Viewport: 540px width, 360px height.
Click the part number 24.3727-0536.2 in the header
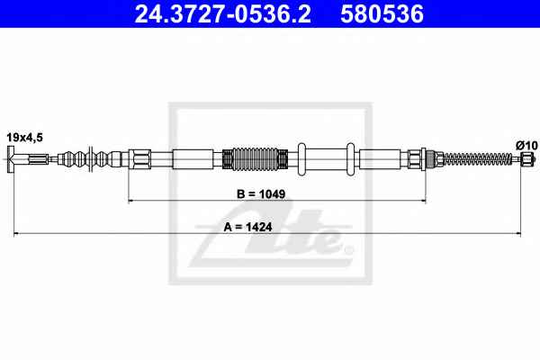pos(222,14)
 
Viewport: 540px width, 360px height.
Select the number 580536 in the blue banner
pos(382,14)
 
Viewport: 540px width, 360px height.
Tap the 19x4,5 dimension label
pos(25,138)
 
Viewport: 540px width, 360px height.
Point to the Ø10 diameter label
pos(526,146)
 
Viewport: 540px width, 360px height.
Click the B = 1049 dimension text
pos(261,194)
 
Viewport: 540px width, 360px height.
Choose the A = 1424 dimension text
pos(247,227)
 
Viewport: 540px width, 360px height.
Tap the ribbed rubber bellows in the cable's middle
pos(255,159)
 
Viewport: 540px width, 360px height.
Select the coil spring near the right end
pos(478,158)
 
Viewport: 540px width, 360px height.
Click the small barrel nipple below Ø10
pos(526,158)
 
